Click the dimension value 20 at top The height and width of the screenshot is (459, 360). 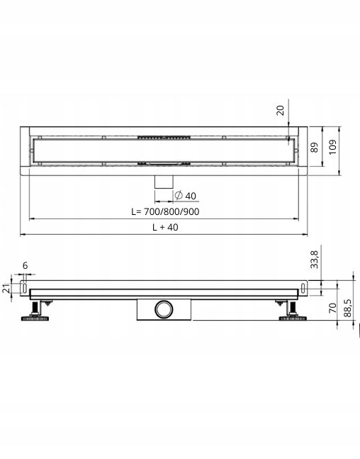click(x=280, y=111)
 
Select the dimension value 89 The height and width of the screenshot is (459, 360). click(x=314, y=148)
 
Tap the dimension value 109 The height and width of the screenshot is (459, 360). click(x=332, y=148)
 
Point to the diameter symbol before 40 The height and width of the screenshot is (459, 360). click(x=179, y=195)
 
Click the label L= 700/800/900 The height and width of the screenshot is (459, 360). click(x=165, y=211)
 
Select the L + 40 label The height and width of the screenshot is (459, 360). click(x=165, y=227)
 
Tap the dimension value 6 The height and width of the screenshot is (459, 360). click(x=25, y=265)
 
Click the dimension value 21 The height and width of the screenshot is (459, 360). click(x=6, y=289)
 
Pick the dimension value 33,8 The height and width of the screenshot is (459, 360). click(x=314, y=260)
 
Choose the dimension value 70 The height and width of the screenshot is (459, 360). click(x=333, y=308)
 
